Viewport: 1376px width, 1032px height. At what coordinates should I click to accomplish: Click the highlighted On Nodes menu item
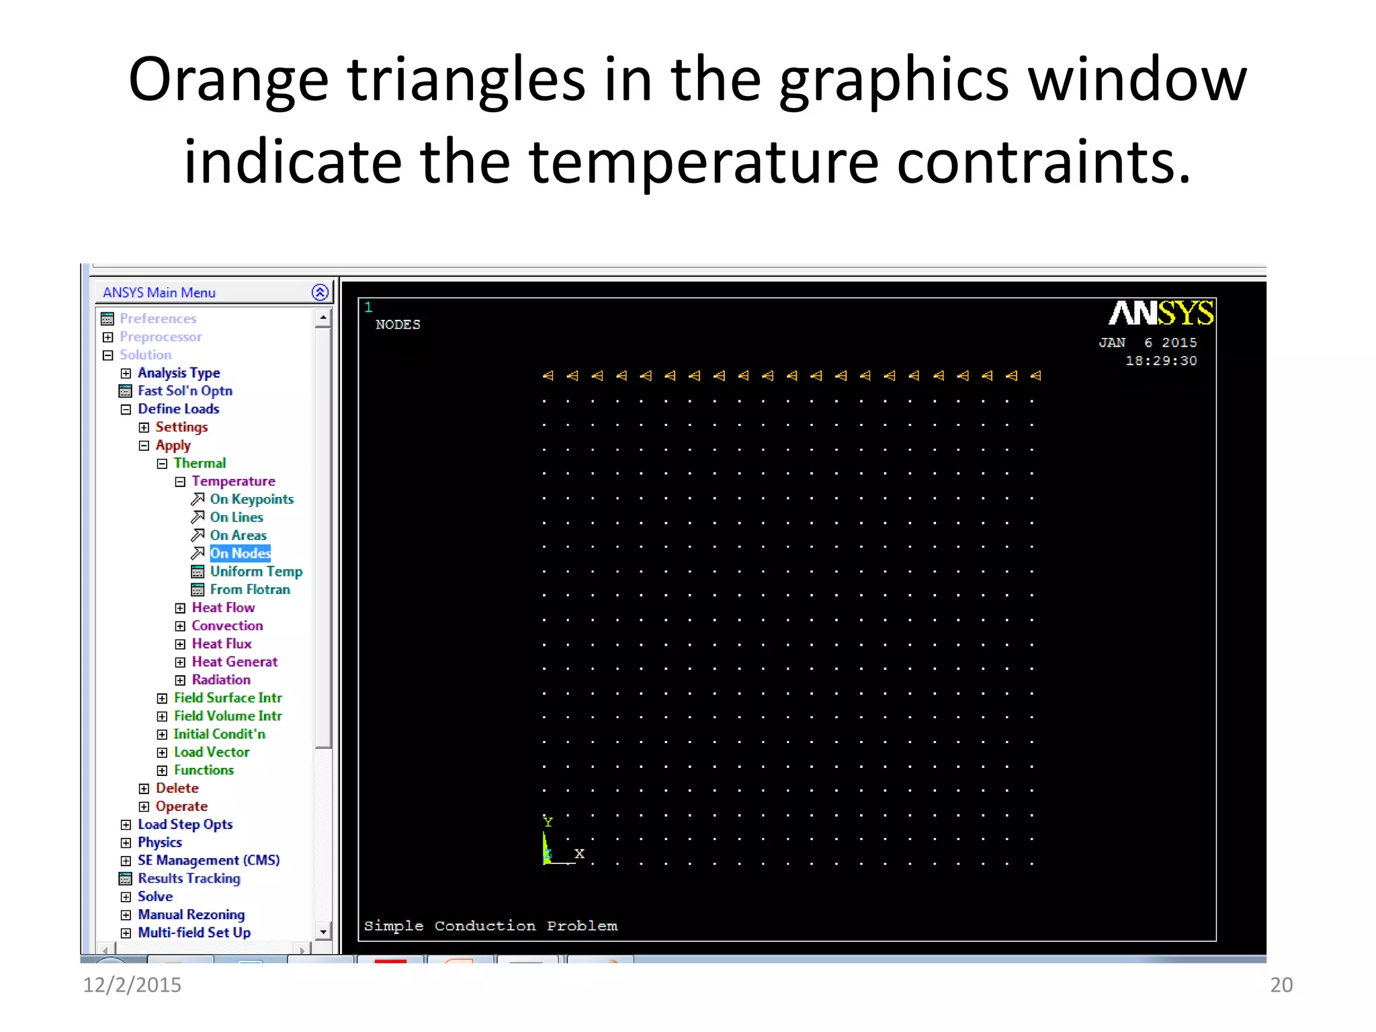pos(240,554)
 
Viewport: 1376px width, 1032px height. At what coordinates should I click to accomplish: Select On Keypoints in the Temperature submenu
pos(251,499)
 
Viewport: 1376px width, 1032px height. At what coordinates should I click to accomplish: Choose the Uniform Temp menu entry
pos(256,572)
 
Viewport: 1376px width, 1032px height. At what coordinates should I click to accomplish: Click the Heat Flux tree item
pos(221,644)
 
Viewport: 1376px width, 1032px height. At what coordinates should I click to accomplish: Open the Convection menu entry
pos(227,626)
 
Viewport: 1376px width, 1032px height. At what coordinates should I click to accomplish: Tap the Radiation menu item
pos(220,680)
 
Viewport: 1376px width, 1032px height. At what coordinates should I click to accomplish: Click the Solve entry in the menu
pos(155,896)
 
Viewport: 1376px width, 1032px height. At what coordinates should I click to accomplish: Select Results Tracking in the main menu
pos(189,878)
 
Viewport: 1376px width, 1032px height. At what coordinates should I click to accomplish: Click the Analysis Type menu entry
pos(179,373)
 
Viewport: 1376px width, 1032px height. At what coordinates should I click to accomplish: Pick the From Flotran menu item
pos(249,590)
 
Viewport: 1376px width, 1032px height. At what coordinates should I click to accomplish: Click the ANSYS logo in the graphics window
pos(1160,314)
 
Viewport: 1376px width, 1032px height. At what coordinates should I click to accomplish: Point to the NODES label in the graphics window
pos(398,325)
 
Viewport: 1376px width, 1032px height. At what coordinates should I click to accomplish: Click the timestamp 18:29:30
pos(1161,361)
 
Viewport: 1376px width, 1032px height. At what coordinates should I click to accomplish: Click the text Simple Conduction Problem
pos(490,926)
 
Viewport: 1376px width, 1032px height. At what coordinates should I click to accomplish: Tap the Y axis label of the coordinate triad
pos(548,822)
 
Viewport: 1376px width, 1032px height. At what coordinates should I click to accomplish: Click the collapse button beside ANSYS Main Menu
pos(320,292)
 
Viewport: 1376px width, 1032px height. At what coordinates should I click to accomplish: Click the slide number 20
pos(1281,985)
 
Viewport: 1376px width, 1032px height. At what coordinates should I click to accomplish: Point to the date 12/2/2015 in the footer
pos(132,985)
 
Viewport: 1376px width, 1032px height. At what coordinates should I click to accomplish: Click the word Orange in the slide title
pos(228,81)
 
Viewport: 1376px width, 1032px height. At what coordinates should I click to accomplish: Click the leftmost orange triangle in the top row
pos(548,376)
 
